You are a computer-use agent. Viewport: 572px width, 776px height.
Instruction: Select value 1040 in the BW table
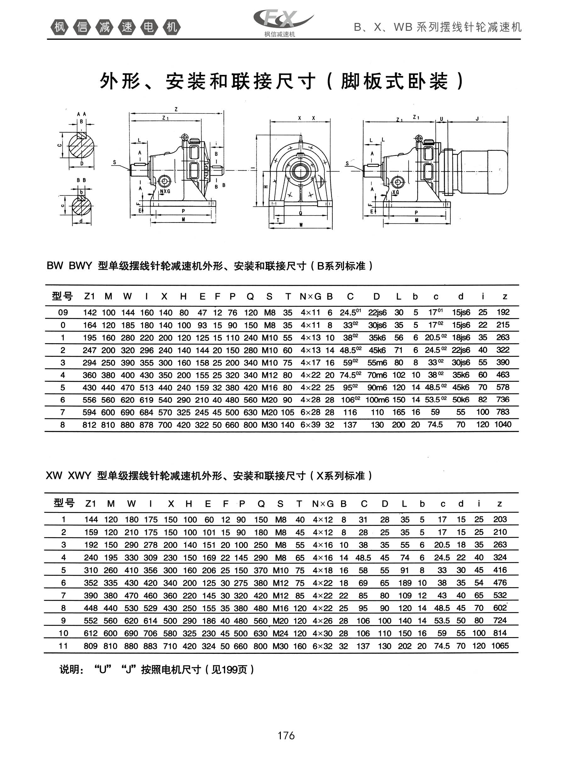click(x=503, y=425)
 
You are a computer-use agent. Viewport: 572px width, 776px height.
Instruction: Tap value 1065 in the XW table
click(x=500, y=646)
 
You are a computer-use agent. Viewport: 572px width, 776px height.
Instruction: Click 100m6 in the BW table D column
click(x=377, y=399)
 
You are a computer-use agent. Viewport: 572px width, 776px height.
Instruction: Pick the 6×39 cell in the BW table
click(x=310, y=425)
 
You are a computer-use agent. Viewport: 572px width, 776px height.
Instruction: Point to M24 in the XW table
click(x=280, y=633)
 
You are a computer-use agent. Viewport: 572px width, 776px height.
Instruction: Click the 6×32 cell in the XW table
click(x=322, y=646)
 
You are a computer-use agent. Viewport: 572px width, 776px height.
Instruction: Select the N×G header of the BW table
click(x=310, y=296)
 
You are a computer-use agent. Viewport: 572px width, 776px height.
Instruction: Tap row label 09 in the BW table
click(x=63, y=313)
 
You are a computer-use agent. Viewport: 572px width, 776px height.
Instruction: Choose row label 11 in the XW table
click(x=63, y=646)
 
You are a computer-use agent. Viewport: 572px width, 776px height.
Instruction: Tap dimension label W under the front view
click(x=301, y=225)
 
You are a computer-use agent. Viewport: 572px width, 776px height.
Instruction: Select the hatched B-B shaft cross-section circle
click(x=81, y=206)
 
